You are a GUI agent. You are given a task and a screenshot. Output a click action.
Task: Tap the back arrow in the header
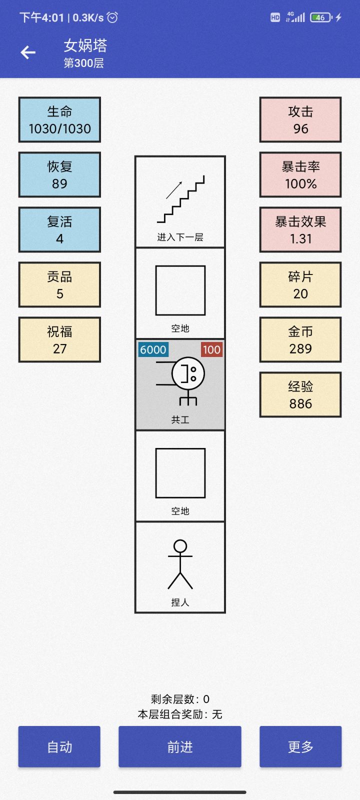(x=28, y=52)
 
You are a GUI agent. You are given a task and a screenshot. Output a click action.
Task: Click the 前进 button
(x=179, y=746)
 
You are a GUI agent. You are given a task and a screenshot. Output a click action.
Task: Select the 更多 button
(x=300, y=746)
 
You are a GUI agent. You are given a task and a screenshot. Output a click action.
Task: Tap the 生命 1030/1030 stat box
(x=59, y=119)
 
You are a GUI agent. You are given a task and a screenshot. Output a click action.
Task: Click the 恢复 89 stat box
(x=59, y=174)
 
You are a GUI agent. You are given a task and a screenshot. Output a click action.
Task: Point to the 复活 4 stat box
(x=59, y=229)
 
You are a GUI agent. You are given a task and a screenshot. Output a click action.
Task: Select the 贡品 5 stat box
(x=59, y=284)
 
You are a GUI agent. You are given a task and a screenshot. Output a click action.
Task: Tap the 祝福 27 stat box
(x=59, y=339)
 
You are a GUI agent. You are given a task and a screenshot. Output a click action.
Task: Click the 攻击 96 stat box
(x=300, y=119)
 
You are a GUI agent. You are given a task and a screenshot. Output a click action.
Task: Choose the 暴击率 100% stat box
(x=300, y=174)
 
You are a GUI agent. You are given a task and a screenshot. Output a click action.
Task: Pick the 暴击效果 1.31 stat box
(x=300, y=229)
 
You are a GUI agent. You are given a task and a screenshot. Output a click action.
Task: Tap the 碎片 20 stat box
(x=300, y=284)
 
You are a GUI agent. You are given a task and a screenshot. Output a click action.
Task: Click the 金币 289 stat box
(x=300, y=339)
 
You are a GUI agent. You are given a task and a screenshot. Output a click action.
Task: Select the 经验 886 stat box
(x=300, y=394)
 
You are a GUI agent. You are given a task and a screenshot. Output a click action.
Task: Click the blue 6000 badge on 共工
(x=153, y=349)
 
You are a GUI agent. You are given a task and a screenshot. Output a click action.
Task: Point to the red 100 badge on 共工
(x=211, y=349)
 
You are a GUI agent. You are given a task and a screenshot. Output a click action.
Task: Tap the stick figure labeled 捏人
(x=180, y=564)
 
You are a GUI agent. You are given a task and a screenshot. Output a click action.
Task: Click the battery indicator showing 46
(x=321, y=17)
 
